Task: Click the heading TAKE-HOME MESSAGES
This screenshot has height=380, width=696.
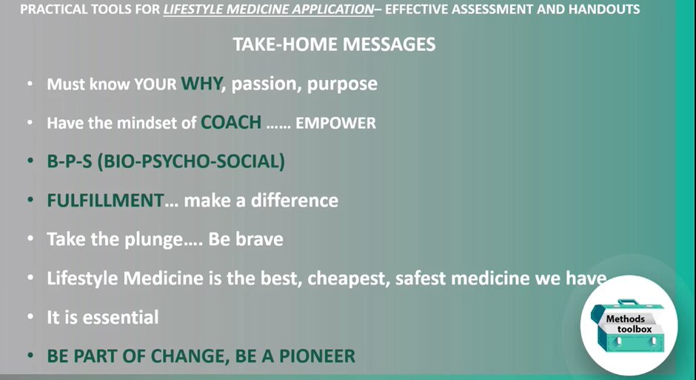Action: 334,44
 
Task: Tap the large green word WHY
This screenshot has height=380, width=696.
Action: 201,83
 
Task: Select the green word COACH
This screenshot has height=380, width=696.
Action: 231,122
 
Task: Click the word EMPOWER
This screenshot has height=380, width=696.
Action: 335,123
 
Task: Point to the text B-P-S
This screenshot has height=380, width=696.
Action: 70,161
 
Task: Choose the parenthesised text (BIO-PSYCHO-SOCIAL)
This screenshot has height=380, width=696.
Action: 191,161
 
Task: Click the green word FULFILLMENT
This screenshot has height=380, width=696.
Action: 106,200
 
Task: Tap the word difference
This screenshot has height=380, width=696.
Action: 294,200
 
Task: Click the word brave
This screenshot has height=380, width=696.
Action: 259,239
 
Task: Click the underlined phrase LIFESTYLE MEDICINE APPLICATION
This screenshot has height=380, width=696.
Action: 269,10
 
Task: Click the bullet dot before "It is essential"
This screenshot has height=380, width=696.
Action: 30,317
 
